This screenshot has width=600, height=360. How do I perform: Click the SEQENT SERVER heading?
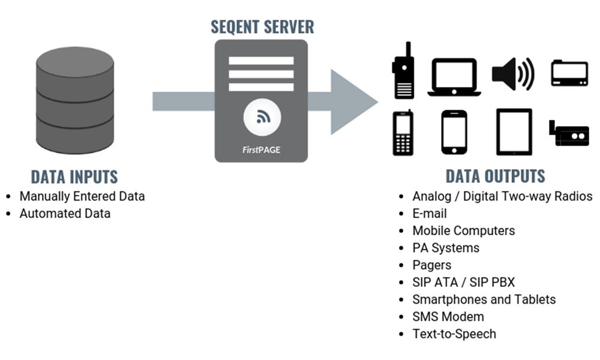pos(262,26)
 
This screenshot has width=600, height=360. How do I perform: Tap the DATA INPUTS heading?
pos(74,177)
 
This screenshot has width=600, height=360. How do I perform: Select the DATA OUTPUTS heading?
pos(495,176)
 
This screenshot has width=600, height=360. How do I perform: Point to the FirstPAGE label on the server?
pos(261,150)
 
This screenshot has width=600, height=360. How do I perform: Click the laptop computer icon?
pos(454,77)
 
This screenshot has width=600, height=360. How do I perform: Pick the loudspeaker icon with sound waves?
pos(512,75)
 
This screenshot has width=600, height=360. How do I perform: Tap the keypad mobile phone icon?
pos(403,133)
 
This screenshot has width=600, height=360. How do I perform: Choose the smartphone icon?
pos(454,133)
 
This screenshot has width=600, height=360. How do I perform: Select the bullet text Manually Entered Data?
pos(82,196)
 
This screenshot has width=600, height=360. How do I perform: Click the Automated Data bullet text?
pos(65,214)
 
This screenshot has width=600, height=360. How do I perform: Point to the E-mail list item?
pos(430,214)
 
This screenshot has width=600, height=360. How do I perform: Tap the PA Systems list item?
pos(446,248)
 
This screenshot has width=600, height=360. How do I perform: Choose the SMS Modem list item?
pos(448,317)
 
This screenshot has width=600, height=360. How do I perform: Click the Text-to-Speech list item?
pos(454,334)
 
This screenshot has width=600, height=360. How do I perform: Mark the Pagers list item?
pos(432,265)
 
